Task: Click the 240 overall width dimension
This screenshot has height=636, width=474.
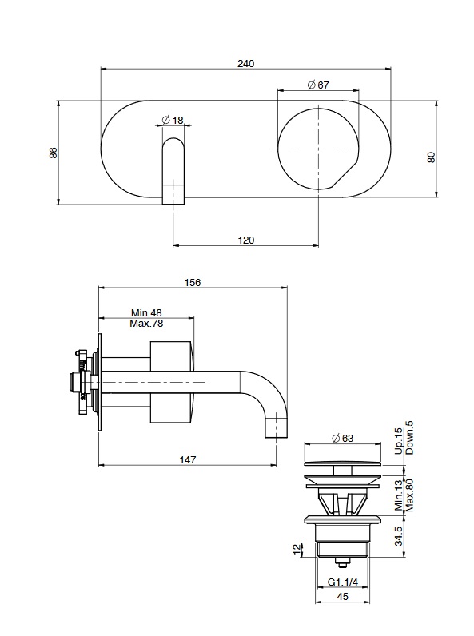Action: (245, 64)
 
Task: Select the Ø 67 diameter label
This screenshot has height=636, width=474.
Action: (318, 85)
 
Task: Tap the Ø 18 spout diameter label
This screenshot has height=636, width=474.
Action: (173, 120)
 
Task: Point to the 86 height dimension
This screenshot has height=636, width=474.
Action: (54, 153)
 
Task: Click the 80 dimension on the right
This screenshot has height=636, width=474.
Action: (432, 157)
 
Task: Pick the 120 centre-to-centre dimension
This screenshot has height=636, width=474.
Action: (246, 240)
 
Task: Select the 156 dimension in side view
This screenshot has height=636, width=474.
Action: (193, 282)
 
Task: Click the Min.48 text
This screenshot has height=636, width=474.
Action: (146, 312)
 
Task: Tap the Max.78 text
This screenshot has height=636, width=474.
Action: (146, 324)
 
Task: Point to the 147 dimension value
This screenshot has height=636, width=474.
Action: (188, 459)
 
